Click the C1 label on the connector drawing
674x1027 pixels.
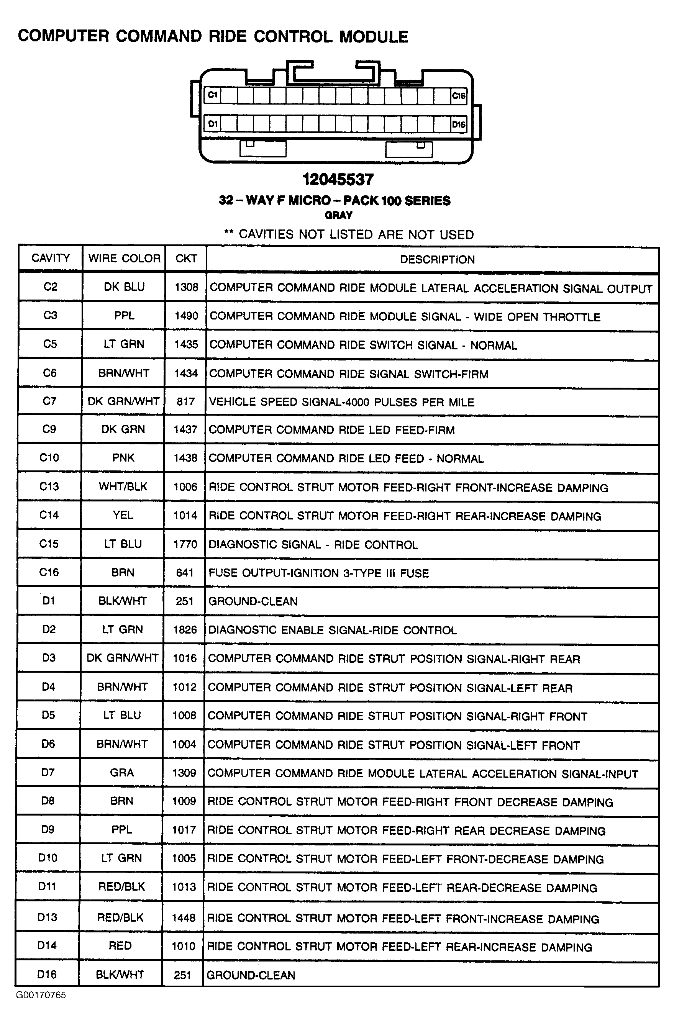[x=213, y=95]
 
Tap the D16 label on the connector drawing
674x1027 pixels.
[x=459, y=125]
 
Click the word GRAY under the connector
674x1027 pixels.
[x=338, y=215]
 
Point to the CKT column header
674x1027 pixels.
[x=186, y=259]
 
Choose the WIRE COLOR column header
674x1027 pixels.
[x=124, y=259]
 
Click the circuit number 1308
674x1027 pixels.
[x=186, y=287]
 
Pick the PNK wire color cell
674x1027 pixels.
[x=123, y=458]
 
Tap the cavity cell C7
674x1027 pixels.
[x=50, y=401]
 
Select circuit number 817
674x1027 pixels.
[x=185, y=402]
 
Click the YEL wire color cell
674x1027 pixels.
[x=123, y=515]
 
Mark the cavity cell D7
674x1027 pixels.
[x=48, y=772]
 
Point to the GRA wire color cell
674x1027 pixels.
[x=122, y=772]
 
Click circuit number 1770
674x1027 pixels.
[x=185, y=544]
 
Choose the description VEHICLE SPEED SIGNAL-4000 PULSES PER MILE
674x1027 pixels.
[x=341, y=402]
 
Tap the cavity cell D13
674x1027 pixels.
[x=47, y=917]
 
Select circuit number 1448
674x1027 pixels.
[x=184, y=918]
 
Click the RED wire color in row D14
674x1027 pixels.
[x=120, y=946]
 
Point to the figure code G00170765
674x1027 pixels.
[x=41, y=995]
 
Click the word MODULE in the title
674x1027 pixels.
[x=374, y=37]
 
